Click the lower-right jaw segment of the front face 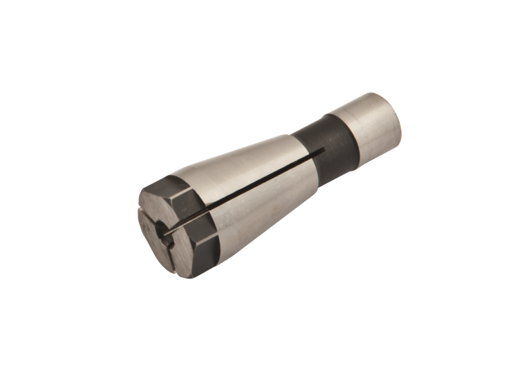point(179,251)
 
